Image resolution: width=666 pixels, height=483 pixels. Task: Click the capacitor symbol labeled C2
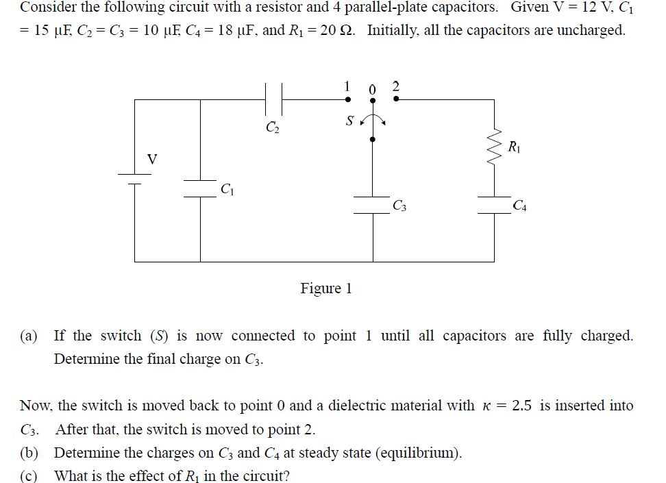coord(273,99)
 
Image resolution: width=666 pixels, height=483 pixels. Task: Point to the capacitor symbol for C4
coord(494,204)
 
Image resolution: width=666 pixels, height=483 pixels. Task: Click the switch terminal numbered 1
coord(348,100)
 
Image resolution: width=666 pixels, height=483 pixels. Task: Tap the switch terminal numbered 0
coord(372,100)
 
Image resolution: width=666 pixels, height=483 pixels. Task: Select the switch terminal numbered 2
coord(397,100)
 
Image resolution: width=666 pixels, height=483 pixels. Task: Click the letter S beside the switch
coord(349,122)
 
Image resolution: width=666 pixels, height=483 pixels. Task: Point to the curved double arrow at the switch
coord(373,121)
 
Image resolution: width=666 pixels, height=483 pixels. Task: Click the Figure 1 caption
coord(326,288)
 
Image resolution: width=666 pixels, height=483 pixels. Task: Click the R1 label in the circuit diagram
coord(515,145)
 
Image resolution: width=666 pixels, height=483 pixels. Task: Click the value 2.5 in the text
coord(522,406)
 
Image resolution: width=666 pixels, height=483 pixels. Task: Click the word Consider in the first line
coord(47,8)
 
